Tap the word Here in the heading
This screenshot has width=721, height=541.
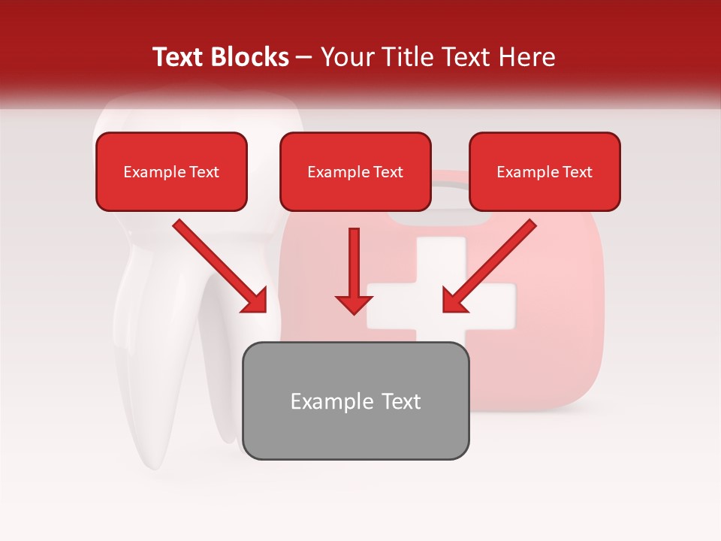526,57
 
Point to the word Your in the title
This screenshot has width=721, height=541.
347,57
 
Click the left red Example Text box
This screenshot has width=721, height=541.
171,171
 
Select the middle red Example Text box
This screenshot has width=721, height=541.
355,171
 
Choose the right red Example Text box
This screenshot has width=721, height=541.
545,171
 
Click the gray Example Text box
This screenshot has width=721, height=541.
355,400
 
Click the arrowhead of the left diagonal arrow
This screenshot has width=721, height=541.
254,300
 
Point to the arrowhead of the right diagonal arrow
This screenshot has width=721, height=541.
455,300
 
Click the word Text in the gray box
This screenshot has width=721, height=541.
401,401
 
